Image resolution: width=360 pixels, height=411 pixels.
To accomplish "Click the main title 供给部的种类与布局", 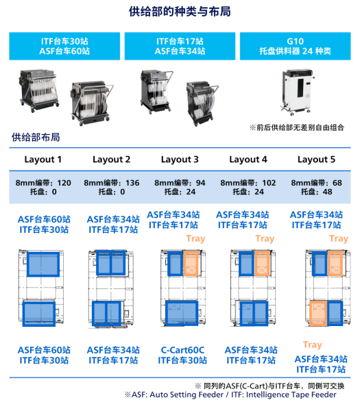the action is point(180,12).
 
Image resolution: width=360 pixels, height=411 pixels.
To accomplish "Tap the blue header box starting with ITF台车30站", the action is point(64,46).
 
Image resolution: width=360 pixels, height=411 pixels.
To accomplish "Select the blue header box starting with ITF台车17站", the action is point(180,46).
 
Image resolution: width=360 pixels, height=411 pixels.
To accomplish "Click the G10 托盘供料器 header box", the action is point(295,46).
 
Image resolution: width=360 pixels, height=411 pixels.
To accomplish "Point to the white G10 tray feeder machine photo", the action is point(297,92).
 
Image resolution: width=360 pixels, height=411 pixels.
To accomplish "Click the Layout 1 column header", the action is point(43,160).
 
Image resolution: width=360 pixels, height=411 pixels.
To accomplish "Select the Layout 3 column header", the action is point(180,160).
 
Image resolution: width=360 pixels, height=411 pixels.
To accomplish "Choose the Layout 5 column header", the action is point(316,160).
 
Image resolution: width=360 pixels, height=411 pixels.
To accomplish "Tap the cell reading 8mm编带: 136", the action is point(112,183).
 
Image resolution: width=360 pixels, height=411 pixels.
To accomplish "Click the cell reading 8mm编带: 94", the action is point(180,183).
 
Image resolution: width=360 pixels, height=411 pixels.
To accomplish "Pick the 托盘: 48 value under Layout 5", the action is point(316,192).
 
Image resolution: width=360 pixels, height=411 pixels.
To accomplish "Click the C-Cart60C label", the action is point(182,350).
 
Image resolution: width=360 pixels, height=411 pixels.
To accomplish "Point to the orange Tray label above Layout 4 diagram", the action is point(265,238).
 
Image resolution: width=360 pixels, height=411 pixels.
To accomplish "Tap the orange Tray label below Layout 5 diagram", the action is point(312,345).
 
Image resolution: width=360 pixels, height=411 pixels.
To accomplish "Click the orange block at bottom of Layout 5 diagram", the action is point(318,314).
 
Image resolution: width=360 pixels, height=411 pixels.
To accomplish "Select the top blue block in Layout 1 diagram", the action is point(43,264).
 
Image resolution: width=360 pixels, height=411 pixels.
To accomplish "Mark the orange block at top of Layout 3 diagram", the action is point(191,264).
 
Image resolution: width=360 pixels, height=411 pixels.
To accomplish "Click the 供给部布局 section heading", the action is point(36,138).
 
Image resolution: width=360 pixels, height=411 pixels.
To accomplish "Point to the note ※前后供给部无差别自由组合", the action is point(297,127).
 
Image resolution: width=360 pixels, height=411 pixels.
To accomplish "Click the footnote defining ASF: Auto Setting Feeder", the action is point(230,395).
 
